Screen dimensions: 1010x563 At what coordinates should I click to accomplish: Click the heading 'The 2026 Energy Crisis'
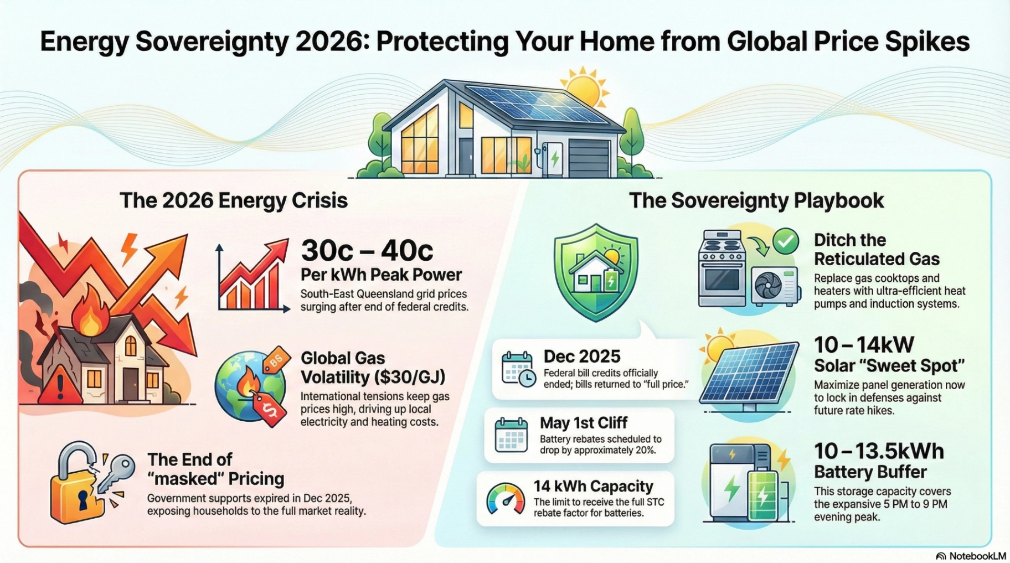point(234,200)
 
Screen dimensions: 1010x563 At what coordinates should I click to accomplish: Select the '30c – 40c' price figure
point(367,251)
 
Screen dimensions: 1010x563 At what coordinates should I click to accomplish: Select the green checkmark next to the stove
point(786,241)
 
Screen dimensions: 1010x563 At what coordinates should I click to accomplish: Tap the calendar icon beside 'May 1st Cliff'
point(511,435)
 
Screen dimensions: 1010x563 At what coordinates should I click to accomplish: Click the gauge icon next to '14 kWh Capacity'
point(506,498)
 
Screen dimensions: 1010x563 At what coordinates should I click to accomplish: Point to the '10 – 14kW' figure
point(864,345)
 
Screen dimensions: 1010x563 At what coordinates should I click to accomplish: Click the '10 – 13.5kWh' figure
point(879,451)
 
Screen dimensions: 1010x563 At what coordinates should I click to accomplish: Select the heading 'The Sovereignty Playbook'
point(756,200)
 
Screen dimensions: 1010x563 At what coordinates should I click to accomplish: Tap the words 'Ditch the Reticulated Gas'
point(877,250)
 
